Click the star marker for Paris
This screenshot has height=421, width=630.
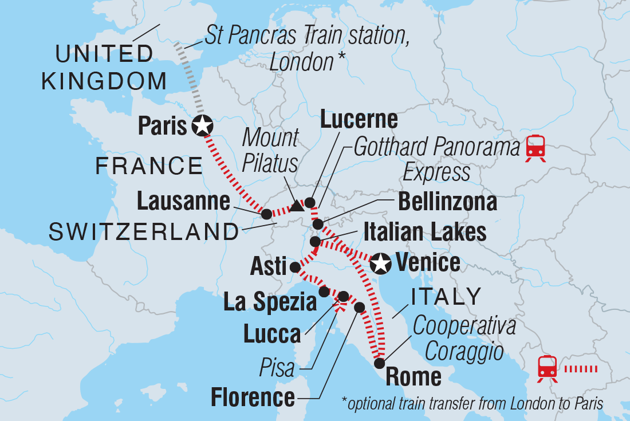(x=202, y=125)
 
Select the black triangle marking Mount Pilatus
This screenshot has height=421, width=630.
(x=296, y=206)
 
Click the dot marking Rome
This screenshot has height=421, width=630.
(x=379, y=363)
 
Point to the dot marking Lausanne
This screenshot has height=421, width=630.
(x=266, y=214)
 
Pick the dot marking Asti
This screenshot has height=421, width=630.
(x=295, y=267)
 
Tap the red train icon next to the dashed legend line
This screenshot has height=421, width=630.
(x=548, y=368)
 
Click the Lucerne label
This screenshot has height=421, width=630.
(x=359, y=120)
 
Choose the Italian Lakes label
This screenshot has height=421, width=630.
(x=424, y=232)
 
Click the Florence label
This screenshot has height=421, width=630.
(x=253, y=396)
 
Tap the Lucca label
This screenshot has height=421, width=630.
(x=272, y=334)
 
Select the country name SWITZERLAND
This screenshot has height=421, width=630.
(x=144, y=232)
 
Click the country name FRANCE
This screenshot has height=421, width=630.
(x=149, y=167)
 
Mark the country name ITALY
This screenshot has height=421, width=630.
(x=446, y=297)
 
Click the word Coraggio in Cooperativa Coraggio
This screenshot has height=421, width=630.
(x=458, y=351)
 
